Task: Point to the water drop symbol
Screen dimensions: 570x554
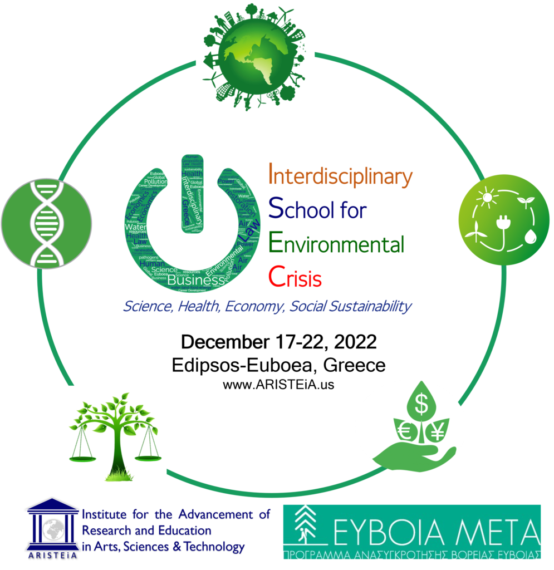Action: click(527, 234)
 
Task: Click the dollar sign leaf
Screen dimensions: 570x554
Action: click(421, 405)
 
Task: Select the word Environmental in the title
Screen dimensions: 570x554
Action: click(336, 244)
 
